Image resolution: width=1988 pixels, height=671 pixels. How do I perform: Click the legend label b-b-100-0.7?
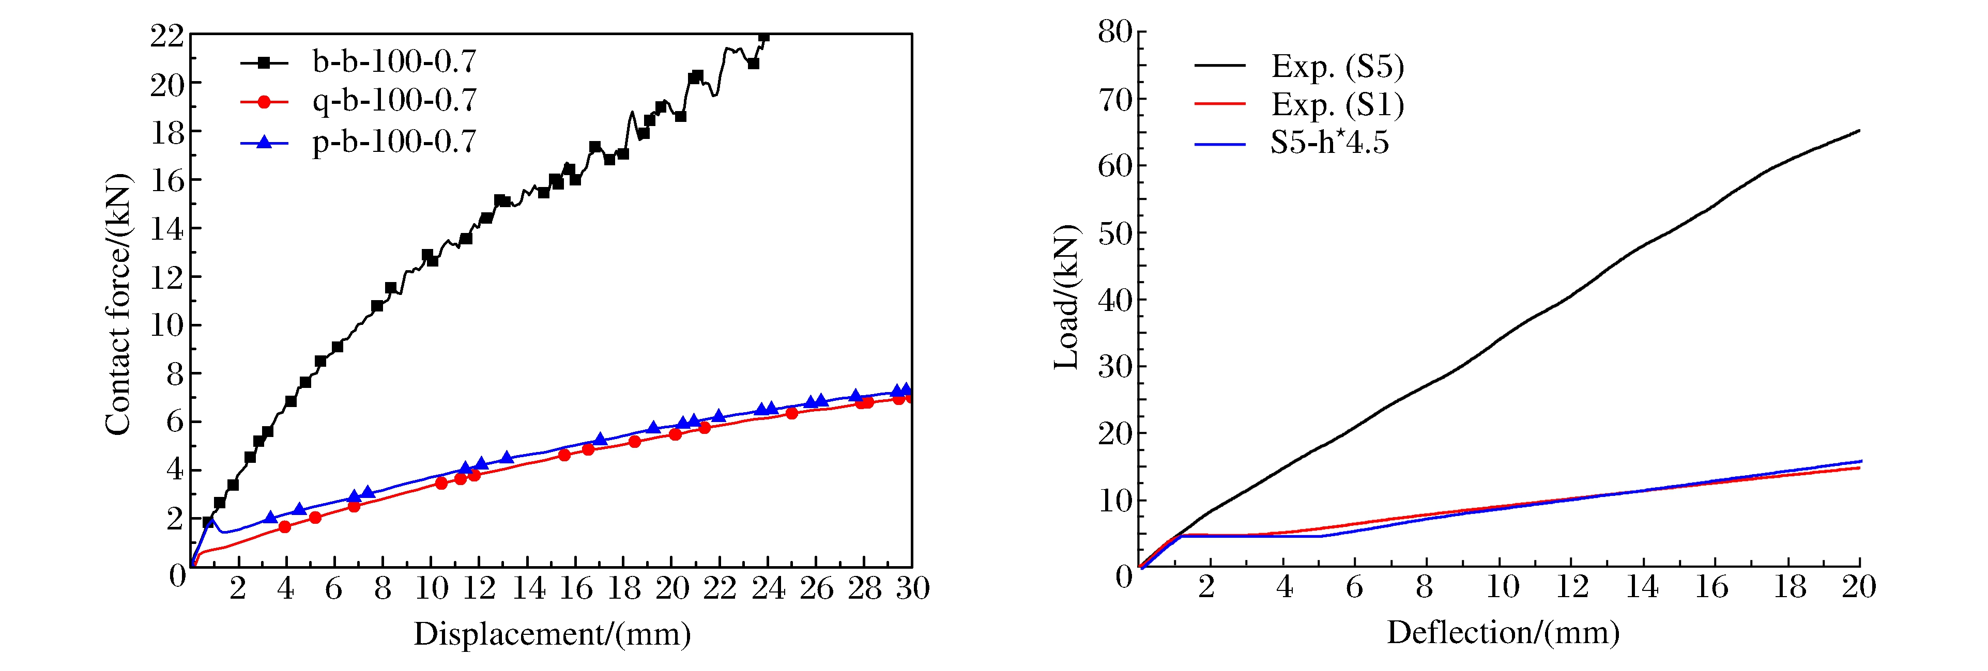pyautogui.click(x=394, y=61)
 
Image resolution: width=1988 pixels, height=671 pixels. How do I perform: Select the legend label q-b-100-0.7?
pyautogui.click(x=394, y=101)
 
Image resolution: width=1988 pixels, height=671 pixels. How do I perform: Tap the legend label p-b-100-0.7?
pyautogui.click(x=394, y=142)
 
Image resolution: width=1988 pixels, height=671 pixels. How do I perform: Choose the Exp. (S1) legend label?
pyautogui.click(x=1337, y=104)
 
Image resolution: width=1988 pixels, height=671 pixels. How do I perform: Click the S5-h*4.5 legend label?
pyautogui.click(x=1329, y=143)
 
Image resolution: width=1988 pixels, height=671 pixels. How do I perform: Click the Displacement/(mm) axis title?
pyautogui.click(x=552, y=634)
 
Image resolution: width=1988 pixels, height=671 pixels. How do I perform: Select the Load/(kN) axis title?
pyautogui.click(x=1066, y=298)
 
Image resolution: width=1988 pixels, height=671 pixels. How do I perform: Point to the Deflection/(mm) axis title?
pyautogui.click(x=1503, y=632)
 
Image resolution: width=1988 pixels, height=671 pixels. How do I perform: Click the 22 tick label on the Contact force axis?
pyautogui.click(x=166, y=36)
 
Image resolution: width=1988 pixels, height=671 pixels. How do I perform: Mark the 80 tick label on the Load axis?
pyautogui.click(x=1114, y=33)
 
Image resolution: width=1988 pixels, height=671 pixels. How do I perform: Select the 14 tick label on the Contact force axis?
pyautogui.click(x=166, y=229)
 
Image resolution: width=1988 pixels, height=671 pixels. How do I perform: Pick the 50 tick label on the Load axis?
pyautogui.click(x=1114, y=233)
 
